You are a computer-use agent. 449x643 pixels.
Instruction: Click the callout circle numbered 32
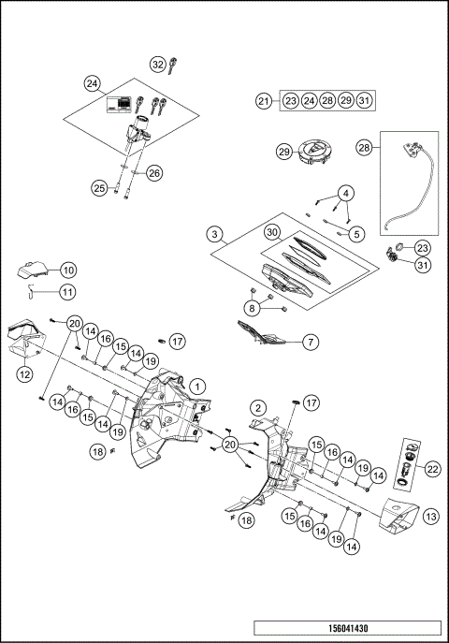coord(158,64)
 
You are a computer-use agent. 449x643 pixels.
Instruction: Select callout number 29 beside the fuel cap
coord(284,152)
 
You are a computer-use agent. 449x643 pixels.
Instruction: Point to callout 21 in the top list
coord(265,100)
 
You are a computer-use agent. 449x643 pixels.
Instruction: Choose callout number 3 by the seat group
coord(216,233)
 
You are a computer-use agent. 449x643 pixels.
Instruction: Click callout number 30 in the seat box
coord(271,231)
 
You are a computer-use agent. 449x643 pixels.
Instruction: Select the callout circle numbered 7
coord(310,343)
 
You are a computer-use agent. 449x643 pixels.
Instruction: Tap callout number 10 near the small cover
coord(68,270)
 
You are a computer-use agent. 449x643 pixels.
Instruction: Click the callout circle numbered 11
coord(68,292)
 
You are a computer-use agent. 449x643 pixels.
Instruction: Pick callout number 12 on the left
coord(25,373)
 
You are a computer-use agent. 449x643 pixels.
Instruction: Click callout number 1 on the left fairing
coord(197,385)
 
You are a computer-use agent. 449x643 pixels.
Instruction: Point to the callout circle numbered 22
coord(431,468)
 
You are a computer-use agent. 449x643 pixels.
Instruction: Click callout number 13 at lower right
coord(431,515)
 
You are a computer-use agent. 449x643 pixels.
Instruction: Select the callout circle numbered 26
coord(154,172)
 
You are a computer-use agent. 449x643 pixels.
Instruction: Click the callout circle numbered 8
coord(253,307)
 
